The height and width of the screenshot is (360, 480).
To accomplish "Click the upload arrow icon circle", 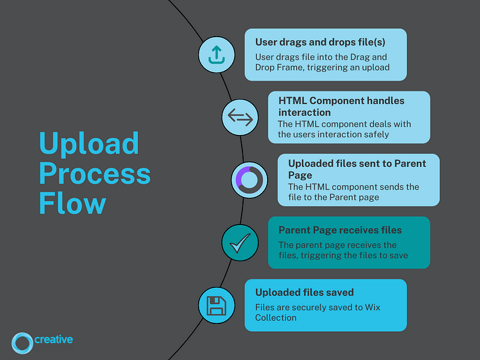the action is (x=217, y=55).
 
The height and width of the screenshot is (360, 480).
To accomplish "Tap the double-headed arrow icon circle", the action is (x=240, y=117).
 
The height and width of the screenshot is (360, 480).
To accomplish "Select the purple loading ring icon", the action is (x=249, y=180).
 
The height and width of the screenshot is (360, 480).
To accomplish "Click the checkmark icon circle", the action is (x=240, y=243).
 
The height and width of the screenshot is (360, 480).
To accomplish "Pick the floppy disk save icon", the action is (x=217, y=305).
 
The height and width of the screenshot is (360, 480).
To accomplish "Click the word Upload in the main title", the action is (x=89, y=144).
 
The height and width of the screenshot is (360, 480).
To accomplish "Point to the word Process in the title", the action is (x=95, y=173).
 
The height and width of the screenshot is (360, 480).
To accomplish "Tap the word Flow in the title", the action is (x=73, y=203).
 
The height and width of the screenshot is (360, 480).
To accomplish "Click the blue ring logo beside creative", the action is (x=22, y=343).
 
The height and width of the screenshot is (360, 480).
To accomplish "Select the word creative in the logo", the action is (x=53, y=340).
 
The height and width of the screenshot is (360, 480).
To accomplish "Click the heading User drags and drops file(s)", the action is (x=320, y=42).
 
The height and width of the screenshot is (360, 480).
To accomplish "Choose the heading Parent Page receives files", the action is (x=340, y=230).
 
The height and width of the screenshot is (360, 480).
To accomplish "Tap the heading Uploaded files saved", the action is (x=305, y=292).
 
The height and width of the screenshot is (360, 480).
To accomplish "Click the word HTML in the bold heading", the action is (x=293, y=101).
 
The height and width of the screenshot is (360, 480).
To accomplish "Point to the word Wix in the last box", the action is (x=373, y=307).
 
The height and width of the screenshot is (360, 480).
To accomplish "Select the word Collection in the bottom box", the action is (x=276, y=318).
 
